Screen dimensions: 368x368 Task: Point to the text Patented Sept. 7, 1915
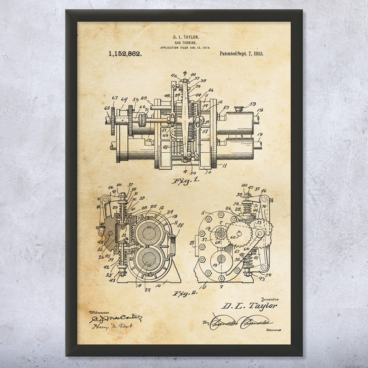241,54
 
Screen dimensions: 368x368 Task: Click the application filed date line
184,47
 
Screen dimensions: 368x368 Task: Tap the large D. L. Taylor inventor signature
249,306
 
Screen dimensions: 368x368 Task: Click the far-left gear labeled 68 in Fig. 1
111,117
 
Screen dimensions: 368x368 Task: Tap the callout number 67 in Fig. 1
114,97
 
